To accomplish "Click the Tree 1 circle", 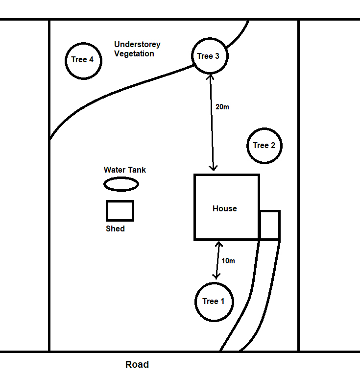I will (214, 301).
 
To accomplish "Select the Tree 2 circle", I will (264, 146).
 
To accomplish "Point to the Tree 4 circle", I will (83, 60).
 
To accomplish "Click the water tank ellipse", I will (121, 184).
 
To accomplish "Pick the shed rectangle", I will (120, 211).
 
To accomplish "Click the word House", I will (224, 208).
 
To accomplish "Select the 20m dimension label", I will (222, 107).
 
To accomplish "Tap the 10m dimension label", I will (228, 261).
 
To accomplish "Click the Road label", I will (137, 365).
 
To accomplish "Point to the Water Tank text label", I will (125, 170).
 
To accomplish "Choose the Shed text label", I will (115, 228).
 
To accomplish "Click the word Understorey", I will (137, 45).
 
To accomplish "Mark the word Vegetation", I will (134, 54).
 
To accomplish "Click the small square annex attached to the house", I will (269, 225).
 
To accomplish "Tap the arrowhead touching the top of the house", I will (213, 167).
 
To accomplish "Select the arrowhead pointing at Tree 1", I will (216, 276).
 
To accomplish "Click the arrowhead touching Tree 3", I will (210, 77).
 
